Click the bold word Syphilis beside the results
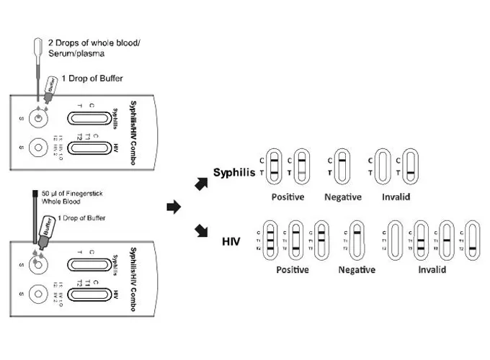click(x=235, y=173)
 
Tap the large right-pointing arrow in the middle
click(x=173, y=207)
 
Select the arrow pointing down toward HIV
click(x=201, y=232)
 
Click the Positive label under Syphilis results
click(x=288, y=197)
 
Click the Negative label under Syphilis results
click(x=342, y=197)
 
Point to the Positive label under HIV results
click(x=291, y=270)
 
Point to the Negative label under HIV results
click(x=357, y=270)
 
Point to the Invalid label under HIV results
click(x=432, y=270)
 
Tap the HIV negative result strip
click(x=357, y=238)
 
